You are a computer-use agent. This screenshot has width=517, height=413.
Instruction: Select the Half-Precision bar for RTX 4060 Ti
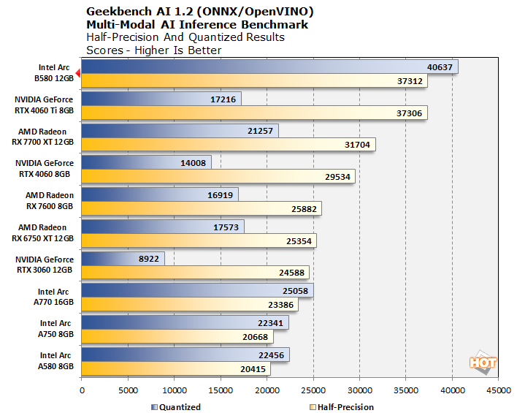click(x=254, y=113)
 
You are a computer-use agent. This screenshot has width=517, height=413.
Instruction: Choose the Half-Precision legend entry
click(x=342, y=406)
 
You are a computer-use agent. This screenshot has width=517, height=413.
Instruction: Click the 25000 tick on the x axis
click(x=313, y=390)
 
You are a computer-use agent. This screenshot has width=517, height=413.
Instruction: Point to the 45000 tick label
click(x=498, y=390)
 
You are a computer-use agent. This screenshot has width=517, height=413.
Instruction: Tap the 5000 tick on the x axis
click(x=128, y=390)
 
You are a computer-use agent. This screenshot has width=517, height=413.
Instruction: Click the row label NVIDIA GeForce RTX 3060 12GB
click(x=44, y=265)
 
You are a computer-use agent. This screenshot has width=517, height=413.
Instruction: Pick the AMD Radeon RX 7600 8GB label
click(x=47, y=200)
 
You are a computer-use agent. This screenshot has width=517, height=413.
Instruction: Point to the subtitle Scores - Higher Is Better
click(x=153, y=50)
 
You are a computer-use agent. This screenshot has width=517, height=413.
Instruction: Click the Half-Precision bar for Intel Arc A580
click(x=176, y=369)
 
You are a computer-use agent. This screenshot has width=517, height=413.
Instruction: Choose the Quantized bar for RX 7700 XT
click(x=180, y=131)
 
